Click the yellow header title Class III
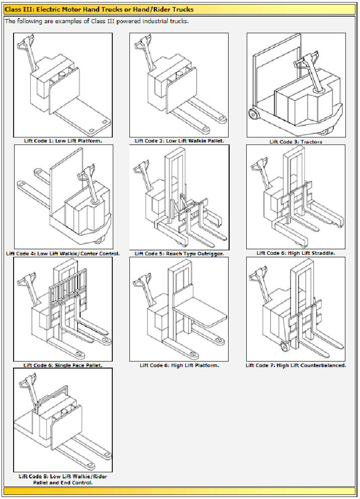[x=99, y=9]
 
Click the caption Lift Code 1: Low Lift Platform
[x=63, y=140]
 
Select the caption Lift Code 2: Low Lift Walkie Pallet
[x=179, y=140]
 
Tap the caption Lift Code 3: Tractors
[x=296, y=141]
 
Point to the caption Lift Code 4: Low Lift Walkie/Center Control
[x=63, y=253]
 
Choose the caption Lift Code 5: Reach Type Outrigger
[x=179, y=253]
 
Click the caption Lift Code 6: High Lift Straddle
[x=296, y=253]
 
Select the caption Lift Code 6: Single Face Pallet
[x=63, y=365]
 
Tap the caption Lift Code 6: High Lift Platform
[x=179, y=365]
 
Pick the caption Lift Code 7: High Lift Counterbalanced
[x=296, y=365]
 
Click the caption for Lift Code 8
[x=63, y=479]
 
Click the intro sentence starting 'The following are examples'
[x=97, y=21]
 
